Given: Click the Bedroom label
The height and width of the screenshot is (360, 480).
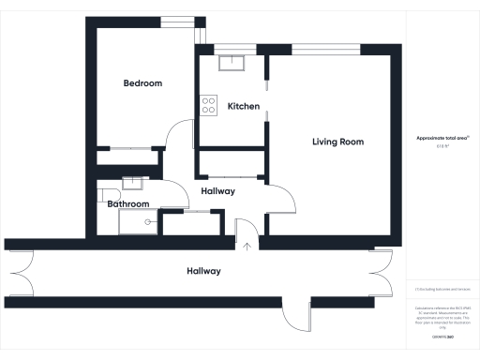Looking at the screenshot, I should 143,83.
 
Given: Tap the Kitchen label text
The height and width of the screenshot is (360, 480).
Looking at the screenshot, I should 244,107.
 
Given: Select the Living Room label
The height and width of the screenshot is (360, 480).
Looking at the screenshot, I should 337,142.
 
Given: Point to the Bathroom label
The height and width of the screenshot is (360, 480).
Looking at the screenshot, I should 128,203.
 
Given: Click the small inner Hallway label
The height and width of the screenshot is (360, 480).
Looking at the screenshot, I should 217,191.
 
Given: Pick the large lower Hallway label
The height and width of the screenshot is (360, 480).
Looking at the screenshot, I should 203,271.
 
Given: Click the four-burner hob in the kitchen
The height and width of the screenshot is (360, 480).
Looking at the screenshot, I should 208,107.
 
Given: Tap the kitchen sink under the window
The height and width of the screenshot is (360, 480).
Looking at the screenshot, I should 231,63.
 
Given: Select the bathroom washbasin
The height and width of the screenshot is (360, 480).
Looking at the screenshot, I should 133,184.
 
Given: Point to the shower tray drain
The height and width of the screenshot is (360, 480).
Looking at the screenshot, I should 146,221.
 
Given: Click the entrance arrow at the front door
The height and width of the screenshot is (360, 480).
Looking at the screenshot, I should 247,246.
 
